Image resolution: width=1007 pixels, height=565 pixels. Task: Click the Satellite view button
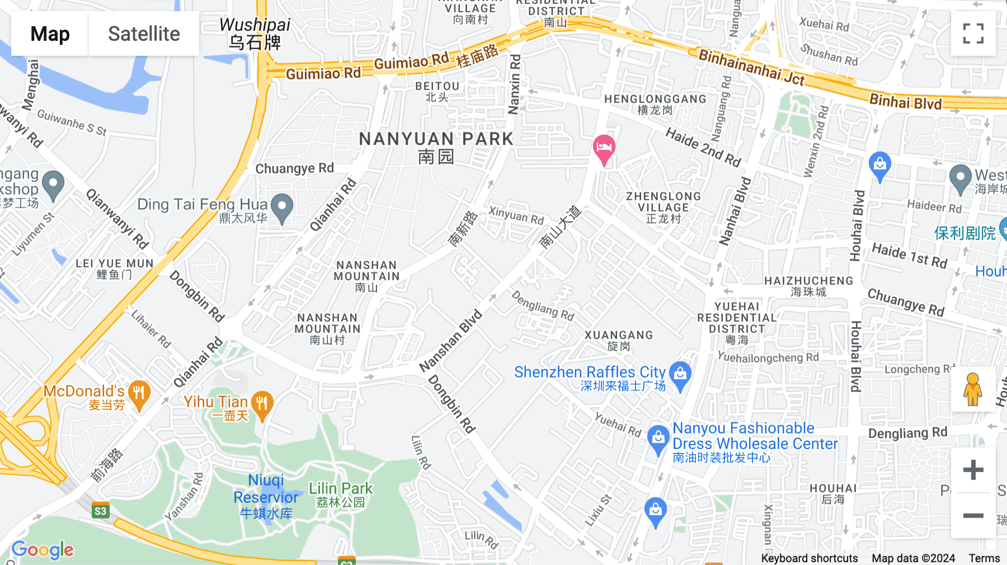[144, 34]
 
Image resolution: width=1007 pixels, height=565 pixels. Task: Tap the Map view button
[50, 34]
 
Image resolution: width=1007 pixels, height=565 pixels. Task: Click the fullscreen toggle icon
[973, 34]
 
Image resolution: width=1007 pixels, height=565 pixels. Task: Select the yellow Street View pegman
[973, 389]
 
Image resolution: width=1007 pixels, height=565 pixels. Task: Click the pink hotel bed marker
[604, 149]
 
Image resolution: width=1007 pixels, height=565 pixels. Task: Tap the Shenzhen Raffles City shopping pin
[680, 374]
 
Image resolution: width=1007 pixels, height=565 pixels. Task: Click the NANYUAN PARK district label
[436, 147]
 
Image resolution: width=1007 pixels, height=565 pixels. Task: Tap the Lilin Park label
[341, 495]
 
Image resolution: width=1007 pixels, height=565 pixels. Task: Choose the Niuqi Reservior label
[266, 496]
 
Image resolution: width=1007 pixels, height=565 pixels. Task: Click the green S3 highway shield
[101, 511]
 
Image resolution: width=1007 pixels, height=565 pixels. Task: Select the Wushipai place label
[255, 33]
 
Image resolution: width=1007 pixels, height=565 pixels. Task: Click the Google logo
[43, 550]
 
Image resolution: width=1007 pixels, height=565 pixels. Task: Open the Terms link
[984, 558]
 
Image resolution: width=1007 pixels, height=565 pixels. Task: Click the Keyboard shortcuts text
[809, 558]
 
